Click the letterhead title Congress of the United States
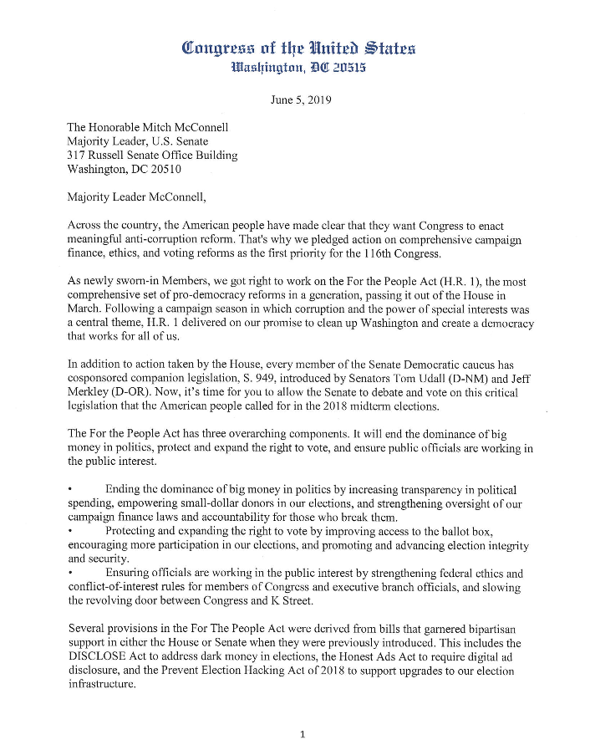pyautogui.click(x=294, y=48)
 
